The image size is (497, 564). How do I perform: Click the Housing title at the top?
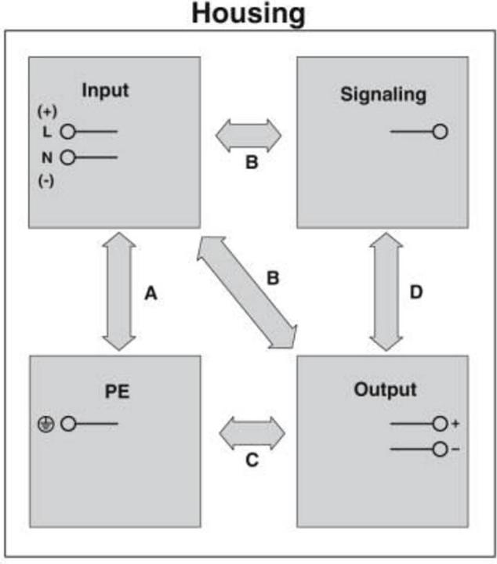tap(248, 13)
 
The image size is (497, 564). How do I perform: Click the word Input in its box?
tap(105, 89)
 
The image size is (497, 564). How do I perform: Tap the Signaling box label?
tap(383, 95)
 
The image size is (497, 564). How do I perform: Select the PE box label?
tap(117, 391)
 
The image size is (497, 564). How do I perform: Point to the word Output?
tap(385, 389)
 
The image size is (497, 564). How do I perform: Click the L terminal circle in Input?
tap(68, 132)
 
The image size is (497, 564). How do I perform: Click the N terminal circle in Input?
tap(68, 157)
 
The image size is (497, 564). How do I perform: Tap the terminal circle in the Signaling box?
tap(440, 132)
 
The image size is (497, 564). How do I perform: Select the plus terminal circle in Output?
tap(440, 424)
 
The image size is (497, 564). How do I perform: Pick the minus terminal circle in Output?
tap(440, 450)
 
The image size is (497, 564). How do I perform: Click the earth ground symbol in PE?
tap(44, 425)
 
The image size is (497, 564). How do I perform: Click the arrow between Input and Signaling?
tap(248, 136)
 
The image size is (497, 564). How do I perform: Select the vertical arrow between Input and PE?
tap(119, 291)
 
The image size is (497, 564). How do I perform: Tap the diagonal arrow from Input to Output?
tap(247, 292)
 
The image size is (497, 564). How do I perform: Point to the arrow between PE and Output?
tap(252, 432)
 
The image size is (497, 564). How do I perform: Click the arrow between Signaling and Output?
tap(386, 291)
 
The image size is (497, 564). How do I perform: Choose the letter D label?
tap(416, 292)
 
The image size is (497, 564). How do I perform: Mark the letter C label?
tap(252, 460)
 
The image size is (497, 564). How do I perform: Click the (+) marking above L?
tap(47, 110)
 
